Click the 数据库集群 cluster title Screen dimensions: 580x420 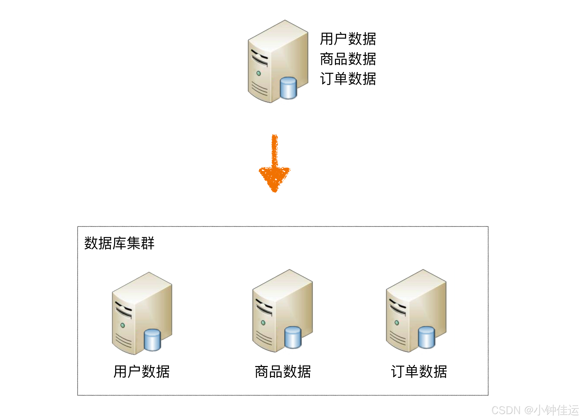pos(119,243)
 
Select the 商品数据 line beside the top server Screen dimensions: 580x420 pos(348,59)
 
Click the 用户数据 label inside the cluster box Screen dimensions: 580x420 pos(141,372)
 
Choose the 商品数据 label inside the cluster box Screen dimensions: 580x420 pos(283,372)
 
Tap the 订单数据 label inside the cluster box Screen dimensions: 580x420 pos(419,372)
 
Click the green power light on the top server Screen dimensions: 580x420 pos(258,73)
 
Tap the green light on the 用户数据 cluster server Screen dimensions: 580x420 pos(123,325)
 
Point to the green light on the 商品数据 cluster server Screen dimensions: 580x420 pos(263,323)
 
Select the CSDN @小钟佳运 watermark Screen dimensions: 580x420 pos(534,410)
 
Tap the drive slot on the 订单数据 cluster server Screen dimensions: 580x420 pos(397,307)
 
